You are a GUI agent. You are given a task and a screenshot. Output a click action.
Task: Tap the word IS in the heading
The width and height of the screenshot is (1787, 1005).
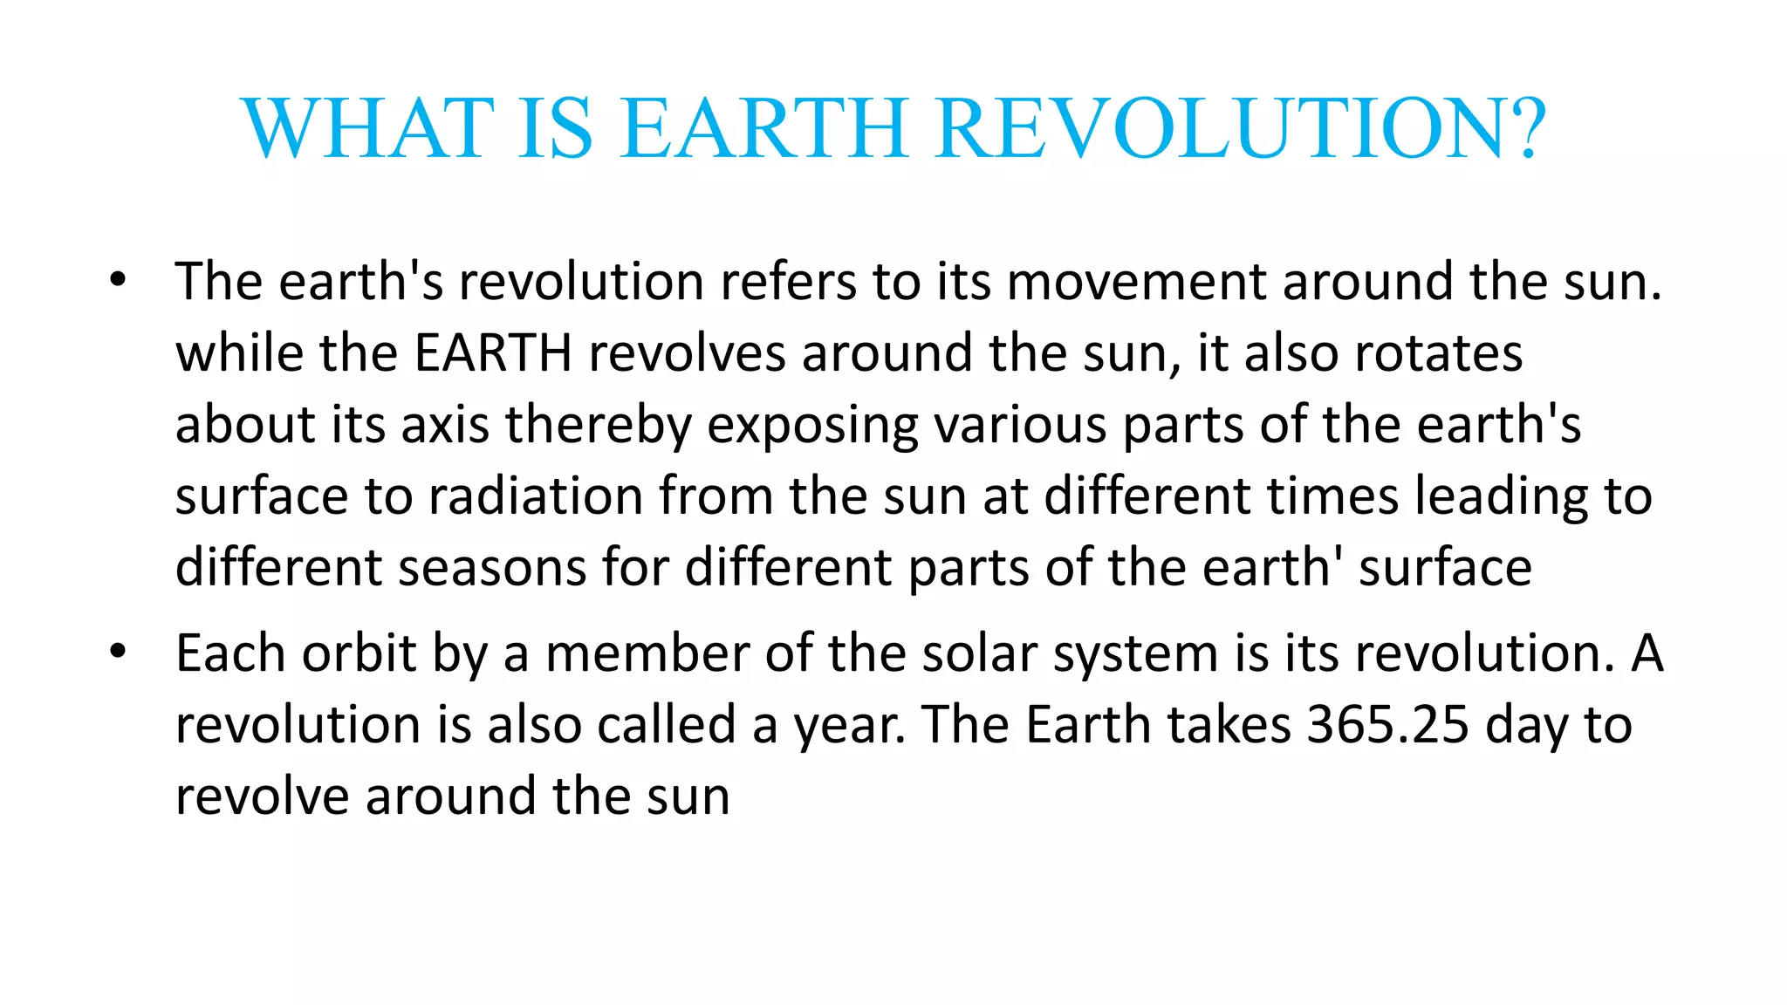coord(556,129)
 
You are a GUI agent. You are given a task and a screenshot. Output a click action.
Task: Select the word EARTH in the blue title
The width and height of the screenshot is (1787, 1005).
coord(765,129)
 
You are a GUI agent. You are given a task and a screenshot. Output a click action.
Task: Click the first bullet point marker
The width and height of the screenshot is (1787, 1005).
coord(118,281)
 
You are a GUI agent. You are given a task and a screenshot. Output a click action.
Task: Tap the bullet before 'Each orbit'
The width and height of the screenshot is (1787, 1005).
coord(118,652)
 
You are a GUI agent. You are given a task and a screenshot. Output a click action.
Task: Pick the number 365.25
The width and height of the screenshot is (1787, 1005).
coord(1387,725)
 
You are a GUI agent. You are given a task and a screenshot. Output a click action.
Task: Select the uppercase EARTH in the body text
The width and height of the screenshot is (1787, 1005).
coord(493,354)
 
